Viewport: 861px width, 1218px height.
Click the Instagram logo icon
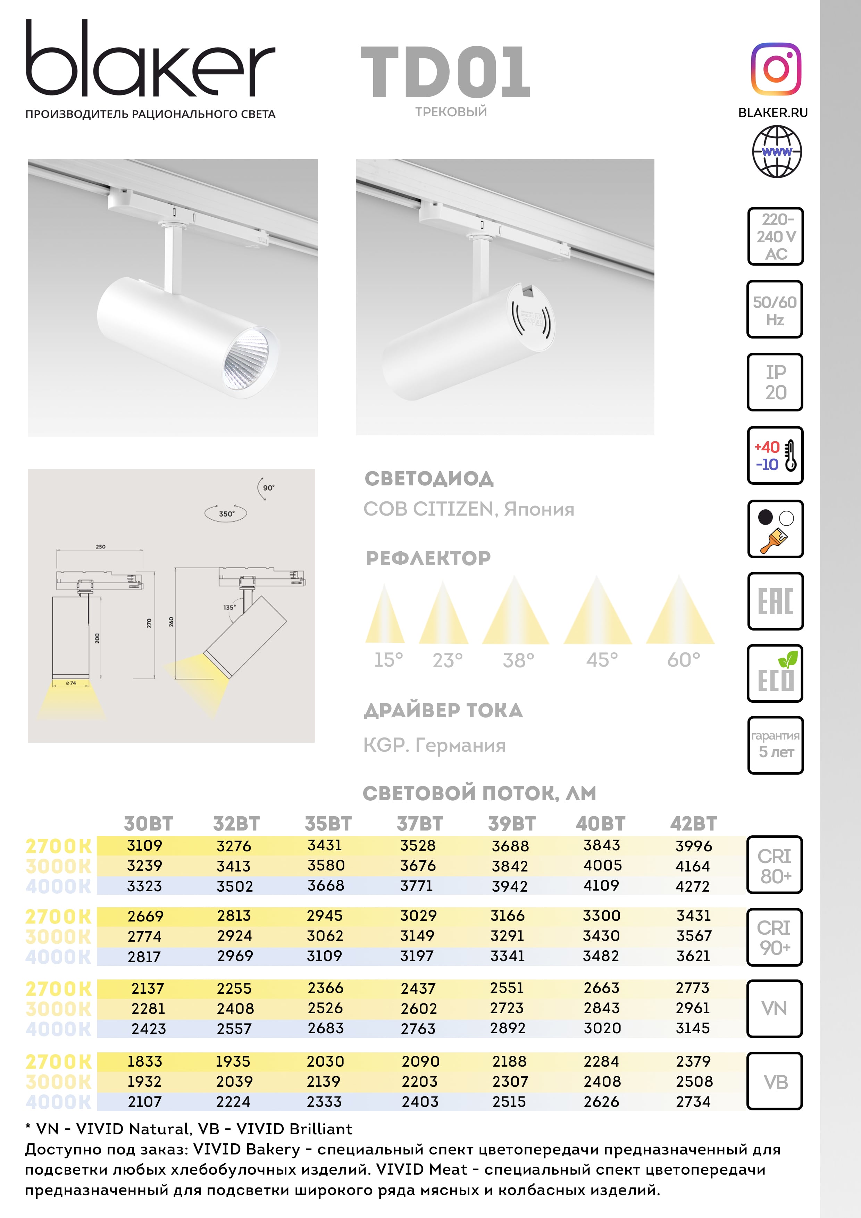click(776, 69)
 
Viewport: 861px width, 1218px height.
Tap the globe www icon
click(777, 152)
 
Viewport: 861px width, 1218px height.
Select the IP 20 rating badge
click(775, 382)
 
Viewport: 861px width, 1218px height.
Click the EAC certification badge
click(775, 601)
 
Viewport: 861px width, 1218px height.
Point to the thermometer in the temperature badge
click(791, 456)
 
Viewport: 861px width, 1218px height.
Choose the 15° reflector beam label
click(388, 660)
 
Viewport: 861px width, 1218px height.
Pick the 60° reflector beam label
click(683, 660)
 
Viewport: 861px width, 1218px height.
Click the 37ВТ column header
click(420, 824)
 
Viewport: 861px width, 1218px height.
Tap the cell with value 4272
click(692, 886)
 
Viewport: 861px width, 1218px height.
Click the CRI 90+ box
click(775, 937)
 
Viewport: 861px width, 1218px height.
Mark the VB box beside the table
click(775, 1082)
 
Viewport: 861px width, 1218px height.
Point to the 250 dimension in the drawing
click(100, 547)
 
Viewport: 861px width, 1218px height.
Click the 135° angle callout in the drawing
click(229, 607)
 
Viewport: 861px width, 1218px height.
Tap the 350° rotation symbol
click(226, 514)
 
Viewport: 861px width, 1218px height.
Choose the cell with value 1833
click(144, 1061)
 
